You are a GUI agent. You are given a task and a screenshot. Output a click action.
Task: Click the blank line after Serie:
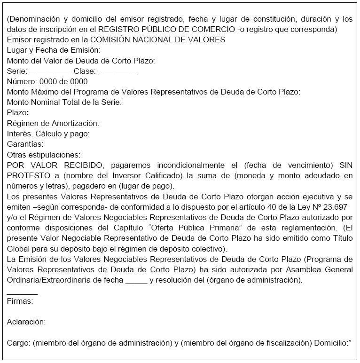coord(51,73)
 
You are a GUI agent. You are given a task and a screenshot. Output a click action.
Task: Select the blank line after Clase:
coord(118,73)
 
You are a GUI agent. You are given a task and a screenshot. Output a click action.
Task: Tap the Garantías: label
coord(25,144)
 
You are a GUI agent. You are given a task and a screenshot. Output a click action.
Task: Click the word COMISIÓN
coord(111,39)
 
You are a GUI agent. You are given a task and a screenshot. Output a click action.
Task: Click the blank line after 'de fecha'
coord(136,280)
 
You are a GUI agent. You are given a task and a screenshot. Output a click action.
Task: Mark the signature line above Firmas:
coord(22,292)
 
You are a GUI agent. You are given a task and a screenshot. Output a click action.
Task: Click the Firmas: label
coord(20,301)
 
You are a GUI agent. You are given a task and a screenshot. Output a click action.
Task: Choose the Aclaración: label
coord(26,322)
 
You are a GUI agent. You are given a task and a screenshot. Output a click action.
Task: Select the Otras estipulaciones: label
coord(44,154)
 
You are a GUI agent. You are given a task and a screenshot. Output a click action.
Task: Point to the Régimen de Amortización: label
coord(53,123)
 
